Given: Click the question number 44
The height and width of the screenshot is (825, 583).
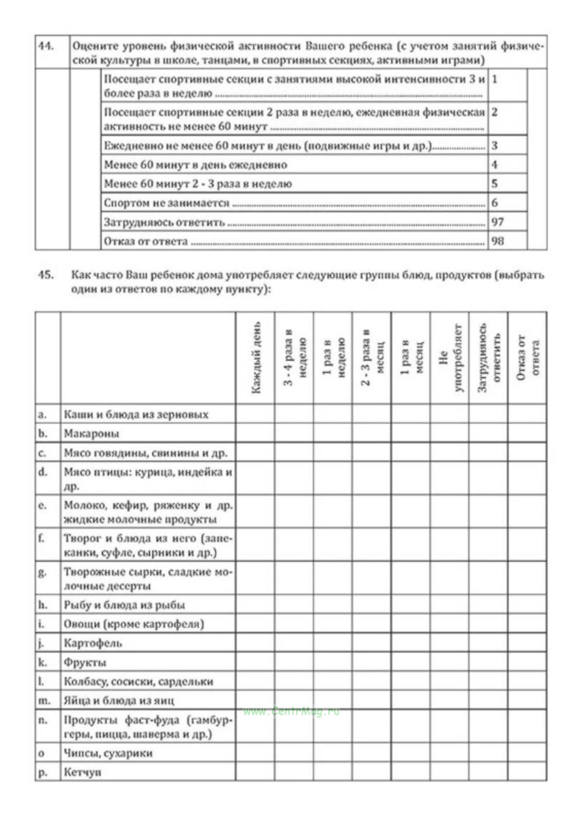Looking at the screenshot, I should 46,47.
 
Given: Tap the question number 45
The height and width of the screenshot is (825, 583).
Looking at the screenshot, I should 46,275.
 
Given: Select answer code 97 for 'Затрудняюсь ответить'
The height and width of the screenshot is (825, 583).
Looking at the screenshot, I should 497,222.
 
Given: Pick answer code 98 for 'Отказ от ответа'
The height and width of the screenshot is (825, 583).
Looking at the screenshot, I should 497,241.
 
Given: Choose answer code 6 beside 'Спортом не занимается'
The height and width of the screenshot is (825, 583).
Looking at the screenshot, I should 495,203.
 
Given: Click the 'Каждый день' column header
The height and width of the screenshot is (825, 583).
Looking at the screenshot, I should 255,358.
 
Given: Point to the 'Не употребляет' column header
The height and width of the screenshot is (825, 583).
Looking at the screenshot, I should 450,358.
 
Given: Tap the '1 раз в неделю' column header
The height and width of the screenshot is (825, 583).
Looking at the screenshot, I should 333,358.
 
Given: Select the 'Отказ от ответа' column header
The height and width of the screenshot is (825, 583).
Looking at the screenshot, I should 528,358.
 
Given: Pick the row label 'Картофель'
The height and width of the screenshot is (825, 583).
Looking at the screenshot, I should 93,644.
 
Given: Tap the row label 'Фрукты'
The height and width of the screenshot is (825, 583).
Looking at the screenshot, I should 85,663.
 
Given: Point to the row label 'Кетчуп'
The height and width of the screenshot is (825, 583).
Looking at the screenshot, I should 82,772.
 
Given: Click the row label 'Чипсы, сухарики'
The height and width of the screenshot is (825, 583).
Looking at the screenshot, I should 108,753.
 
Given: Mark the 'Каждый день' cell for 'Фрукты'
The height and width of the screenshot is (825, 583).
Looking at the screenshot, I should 255,663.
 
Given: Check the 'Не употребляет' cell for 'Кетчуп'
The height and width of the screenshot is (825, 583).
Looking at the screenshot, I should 450,772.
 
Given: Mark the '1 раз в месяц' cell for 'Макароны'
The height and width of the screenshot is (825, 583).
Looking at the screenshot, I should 411,433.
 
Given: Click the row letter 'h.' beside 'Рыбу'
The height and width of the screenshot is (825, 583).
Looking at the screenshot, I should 43,605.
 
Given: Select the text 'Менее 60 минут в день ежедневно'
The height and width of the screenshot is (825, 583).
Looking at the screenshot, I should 195,165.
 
